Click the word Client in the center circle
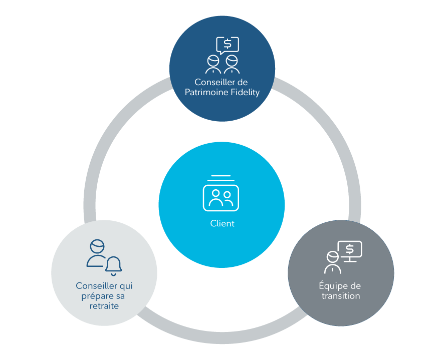point(222,224)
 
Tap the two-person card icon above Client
point(221,197)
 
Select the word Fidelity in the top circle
point(243,93)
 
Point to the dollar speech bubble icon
point(228,45)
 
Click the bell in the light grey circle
point(114,266)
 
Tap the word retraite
point(104,305)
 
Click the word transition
point(341,296)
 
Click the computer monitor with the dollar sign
point(350,250)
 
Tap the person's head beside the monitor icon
point(332,257)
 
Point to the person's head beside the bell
point(97,246)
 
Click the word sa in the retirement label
point(120,295)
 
